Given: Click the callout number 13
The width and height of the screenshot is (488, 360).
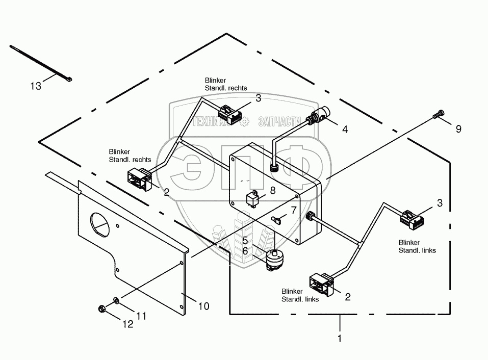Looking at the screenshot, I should click(x=35, y=86).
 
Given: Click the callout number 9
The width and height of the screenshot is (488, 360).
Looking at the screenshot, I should click(x=458, y=129).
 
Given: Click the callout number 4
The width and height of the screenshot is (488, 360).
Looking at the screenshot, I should click(x=345, y=130).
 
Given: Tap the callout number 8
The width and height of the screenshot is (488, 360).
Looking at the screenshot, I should click(x=272, y=191).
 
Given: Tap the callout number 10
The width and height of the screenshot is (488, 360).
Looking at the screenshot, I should click(x=203, y=306).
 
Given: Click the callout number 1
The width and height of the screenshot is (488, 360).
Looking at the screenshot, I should click(x=340, y=338).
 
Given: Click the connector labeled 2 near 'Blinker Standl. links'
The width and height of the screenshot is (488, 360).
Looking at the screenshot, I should click(x=322, y=284).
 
